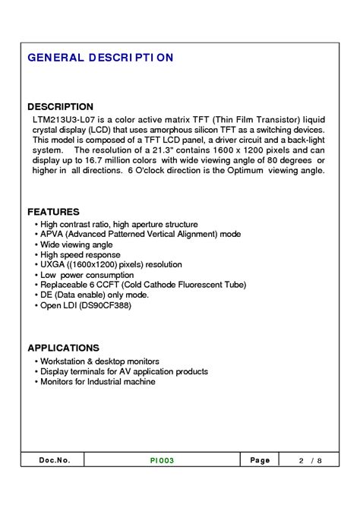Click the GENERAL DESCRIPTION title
click(100, 58)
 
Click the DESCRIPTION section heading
click(60, 107)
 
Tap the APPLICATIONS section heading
click(65, 347)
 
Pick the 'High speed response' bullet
click(80, 255)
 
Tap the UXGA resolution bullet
click(111, 265)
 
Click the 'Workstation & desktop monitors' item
click(99, 361)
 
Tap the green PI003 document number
click(162, 460)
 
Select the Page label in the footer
click(259, 460)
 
